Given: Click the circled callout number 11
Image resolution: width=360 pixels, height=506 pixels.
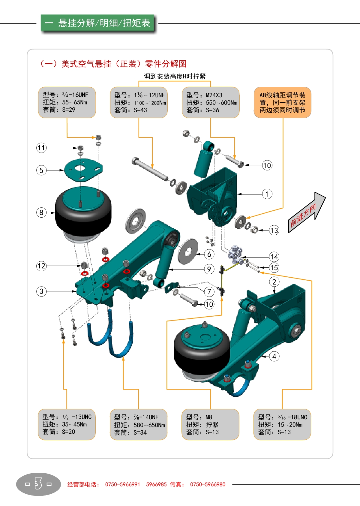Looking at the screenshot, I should coord(41,148).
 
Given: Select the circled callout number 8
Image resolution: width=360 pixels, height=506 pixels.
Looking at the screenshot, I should coord(41,212).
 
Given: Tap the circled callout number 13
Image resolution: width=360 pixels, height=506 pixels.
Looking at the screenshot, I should coord(274,230).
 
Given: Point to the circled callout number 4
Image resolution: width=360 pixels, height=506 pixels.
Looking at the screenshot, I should coord(274,357).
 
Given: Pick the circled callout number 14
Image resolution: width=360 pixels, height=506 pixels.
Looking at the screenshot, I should coord(274,257).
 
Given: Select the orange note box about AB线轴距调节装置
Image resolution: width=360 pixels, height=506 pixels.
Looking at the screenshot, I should coord(282,103).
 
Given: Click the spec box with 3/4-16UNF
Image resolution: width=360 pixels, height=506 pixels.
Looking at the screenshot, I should coord(67,102).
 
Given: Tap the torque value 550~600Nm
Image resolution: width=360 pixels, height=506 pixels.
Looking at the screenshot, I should coord(221,103).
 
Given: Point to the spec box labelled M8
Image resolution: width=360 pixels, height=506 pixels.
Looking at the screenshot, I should coord(210,424).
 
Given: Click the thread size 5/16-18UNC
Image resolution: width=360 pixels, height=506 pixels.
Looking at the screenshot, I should coord(292,417).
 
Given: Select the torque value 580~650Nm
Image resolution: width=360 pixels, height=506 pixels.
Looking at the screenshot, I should coord(149,425).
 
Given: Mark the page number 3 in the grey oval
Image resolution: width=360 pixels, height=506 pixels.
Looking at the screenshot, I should coord(38,484).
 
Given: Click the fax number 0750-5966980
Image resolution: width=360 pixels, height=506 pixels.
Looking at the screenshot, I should coord(208,484).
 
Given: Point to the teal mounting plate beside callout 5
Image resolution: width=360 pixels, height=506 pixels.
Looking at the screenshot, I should coord(83,170).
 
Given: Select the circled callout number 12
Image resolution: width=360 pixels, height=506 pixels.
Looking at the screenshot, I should coord(41,266).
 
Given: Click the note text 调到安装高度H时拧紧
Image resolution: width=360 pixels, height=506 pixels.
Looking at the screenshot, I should coord(175,76).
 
